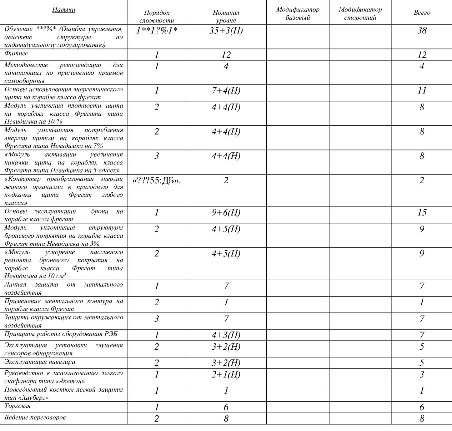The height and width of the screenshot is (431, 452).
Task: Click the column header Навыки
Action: (x=63, y=9)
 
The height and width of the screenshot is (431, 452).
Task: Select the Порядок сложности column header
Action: (x=157, y=17)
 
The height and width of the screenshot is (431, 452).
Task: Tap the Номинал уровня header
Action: (x=226, y=17)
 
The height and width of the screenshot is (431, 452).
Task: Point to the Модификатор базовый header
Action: (x=298, y=13)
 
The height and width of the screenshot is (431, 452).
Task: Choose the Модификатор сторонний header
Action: (x=360, y=13)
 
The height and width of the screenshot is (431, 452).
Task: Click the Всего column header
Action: (x=422, y=13)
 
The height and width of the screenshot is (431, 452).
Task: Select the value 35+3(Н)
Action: (x=226, y=31)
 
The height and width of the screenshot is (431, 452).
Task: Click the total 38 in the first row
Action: (x=422, y=31)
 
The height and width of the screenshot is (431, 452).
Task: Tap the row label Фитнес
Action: (x=16, y=53)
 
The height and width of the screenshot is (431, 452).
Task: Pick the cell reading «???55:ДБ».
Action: (x=157, y=180)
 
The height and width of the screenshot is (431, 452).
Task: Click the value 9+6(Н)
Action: (x=226, y=213)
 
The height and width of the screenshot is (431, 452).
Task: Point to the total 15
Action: (x=422, y=213)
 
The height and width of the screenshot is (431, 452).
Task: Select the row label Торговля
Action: (x=18, y=406)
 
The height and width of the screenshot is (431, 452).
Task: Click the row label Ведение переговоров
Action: (x=35, y=417)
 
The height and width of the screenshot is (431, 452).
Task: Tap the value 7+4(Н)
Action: (x=226, y=91)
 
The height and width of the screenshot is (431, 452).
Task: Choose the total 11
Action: (x=422, y=91)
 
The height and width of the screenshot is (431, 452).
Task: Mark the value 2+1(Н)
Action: (x=226, y=374)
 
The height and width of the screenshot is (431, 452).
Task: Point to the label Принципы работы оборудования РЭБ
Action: (x=61, y=334)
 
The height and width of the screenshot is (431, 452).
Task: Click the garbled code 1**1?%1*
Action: (x=157, y=31)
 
